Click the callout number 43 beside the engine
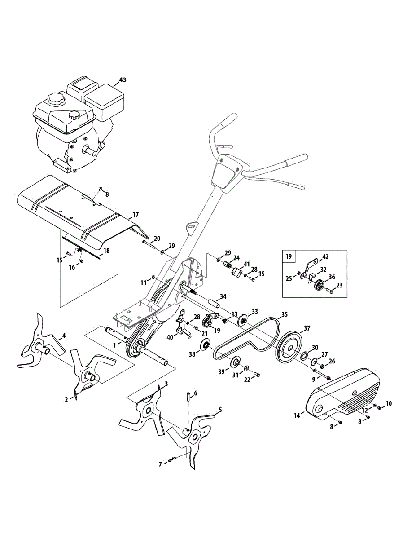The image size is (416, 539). click(x=109, y=80)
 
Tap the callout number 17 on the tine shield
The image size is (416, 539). click(x=136, y=216)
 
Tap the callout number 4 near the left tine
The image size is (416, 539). click(x=64, y=336)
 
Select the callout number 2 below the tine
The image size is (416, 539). click(x=66, y=399)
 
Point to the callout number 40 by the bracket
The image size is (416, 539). click(x=170, y=337)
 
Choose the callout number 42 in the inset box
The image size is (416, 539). click(x=325, y=257)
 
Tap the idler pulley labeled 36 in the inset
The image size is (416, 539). click(x=319, y=286)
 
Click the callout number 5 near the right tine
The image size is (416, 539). click(x=220, y=410)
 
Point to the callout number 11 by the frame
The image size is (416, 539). click(x=143, y=283)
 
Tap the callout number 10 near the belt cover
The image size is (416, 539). click(x=389, y=404)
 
